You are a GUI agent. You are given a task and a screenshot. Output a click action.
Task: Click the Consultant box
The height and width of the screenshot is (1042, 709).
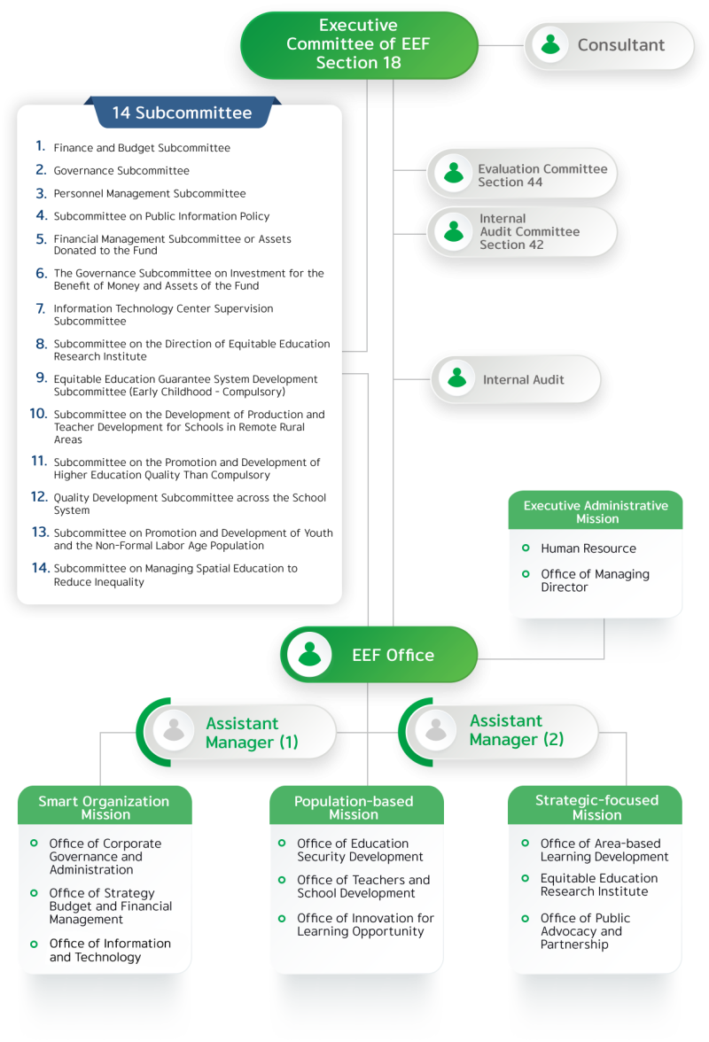coord(609,45)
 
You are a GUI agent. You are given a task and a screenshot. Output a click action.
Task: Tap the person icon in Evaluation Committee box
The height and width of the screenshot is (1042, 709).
coord(454,173)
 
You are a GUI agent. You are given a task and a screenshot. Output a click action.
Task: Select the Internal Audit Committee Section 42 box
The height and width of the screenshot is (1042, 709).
coord(522,232)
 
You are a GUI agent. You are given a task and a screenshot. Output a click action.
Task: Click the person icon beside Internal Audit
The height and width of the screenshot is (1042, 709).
coord(457,379)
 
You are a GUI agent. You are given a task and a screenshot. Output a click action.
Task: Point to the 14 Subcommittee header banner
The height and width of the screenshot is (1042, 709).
coord(181,113)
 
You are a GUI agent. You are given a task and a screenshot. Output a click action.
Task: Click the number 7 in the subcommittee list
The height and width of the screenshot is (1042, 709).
coord(41,308)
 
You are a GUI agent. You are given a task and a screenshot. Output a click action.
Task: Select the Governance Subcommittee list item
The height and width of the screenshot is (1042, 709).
coord(121,171)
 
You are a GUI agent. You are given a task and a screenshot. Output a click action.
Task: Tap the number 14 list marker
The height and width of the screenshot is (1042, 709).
coord(40,568)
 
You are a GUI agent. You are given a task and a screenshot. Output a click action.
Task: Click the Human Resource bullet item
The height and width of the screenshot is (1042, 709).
coord(588,548)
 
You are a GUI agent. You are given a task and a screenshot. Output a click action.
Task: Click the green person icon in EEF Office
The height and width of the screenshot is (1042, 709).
coord(309,655)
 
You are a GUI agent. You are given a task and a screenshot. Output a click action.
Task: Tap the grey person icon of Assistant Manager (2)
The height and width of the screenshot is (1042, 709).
coord(435,730)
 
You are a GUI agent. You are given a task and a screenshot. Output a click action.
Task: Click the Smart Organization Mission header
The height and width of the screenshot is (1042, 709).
coord(105,807)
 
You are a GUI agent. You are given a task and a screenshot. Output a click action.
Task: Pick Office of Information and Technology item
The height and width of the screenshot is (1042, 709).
coord(109,950)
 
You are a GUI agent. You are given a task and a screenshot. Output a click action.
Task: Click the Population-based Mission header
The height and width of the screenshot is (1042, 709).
coord(354,807)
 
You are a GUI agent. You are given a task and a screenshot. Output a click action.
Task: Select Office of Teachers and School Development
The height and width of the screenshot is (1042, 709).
coord(362,886)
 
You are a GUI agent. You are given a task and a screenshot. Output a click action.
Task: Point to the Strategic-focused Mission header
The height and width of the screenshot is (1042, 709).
coord(596,807)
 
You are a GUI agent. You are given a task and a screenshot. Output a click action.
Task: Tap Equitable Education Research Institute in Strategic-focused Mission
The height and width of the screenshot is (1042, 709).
coord(598,884)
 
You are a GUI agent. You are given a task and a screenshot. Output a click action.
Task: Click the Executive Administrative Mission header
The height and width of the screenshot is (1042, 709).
coord(596,511)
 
